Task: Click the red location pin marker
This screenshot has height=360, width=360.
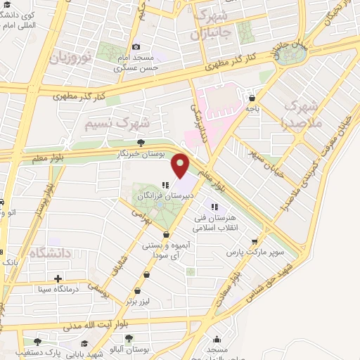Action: (x=181, y=165)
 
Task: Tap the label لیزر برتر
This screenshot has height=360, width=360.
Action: (x=140, y=301)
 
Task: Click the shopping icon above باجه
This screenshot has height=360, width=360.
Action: (x=252, y=98)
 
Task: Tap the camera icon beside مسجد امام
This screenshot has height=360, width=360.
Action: (x=136, y=46)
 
